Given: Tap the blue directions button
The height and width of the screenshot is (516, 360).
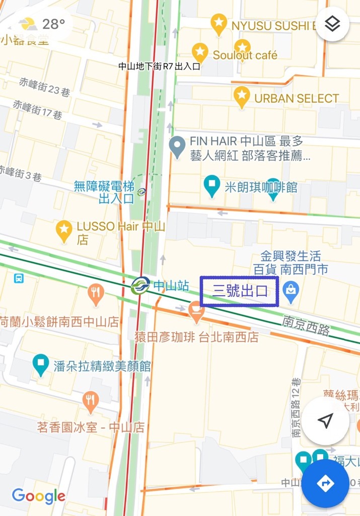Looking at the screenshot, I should click(x=325, y=483).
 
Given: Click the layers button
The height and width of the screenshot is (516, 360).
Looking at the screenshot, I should click(x=332, y=24).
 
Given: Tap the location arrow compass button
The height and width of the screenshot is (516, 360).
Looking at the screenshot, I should click(x=325, y=421).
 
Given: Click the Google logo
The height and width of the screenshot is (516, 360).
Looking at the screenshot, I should click(x=39, y=496).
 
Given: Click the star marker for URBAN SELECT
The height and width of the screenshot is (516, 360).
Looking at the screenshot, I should click(x=242, y=95).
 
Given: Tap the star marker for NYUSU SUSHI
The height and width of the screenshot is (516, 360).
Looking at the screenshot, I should click(x=219, y=23).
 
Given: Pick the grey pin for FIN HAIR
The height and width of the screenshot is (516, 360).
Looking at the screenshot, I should click(x=177, y=146).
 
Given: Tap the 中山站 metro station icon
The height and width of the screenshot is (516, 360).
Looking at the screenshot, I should click(x=140, y=286).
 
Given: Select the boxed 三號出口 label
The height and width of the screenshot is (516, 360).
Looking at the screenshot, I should click(x=239, y=291).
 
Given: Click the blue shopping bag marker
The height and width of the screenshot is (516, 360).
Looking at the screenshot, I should click(x=291, y=290).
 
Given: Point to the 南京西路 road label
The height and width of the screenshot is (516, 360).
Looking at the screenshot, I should click(x=306, y=325).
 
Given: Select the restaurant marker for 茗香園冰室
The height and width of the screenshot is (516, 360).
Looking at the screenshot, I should click(x=90, y=401).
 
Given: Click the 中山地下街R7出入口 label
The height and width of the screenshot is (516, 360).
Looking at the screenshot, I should click(x=160, y=66).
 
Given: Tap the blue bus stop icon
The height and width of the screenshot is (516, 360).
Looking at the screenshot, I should click(x=19, y=278).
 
